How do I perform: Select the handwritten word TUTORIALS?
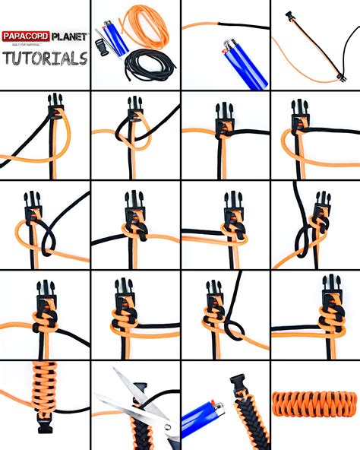coord(45,58)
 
